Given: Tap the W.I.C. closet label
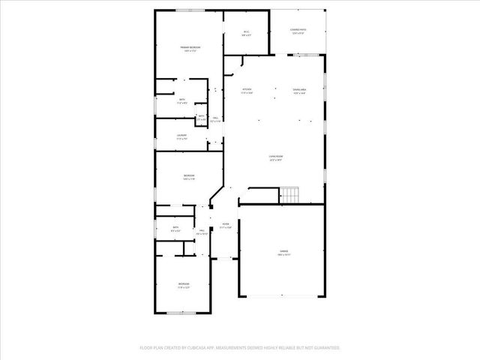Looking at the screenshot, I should pos(246,32).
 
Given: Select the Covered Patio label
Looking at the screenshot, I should pos(298,31).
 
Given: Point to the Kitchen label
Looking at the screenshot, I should pos(247,91).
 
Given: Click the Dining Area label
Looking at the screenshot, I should pos(298,91).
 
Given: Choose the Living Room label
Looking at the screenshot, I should pos(276,158).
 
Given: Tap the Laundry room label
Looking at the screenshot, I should pos(181,136).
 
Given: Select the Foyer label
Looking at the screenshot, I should pos(225,225).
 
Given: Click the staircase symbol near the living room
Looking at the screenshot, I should pos(289,196).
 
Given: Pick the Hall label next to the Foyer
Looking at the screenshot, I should pos(201,232).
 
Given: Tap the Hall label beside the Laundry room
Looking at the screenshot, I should pos(215,118).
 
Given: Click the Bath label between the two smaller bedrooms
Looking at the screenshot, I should pos(175,229).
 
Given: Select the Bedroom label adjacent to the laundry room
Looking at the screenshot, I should pos(188,177).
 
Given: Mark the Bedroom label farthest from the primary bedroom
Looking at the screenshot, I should pos(183,285).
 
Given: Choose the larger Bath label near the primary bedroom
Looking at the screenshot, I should pos(181,101).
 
